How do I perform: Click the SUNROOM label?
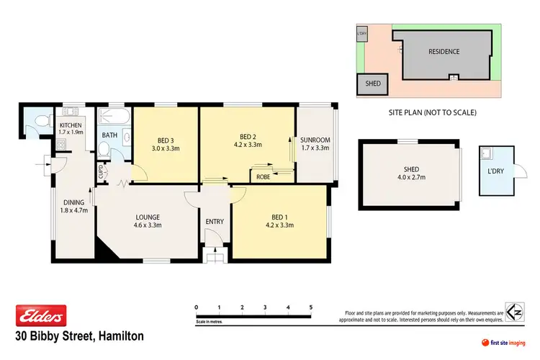coord(315,140)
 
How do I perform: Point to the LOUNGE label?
coord(146,217)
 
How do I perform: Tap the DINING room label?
coord(72,203)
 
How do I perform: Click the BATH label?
coord(109,135)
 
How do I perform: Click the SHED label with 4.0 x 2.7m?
coord(411,171)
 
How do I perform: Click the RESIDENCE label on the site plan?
coord(444,52)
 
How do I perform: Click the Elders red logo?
coord(41,315)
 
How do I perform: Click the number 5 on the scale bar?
coord(310,307)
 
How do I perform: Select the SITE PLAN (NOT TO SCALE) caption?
coord(431,113)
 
